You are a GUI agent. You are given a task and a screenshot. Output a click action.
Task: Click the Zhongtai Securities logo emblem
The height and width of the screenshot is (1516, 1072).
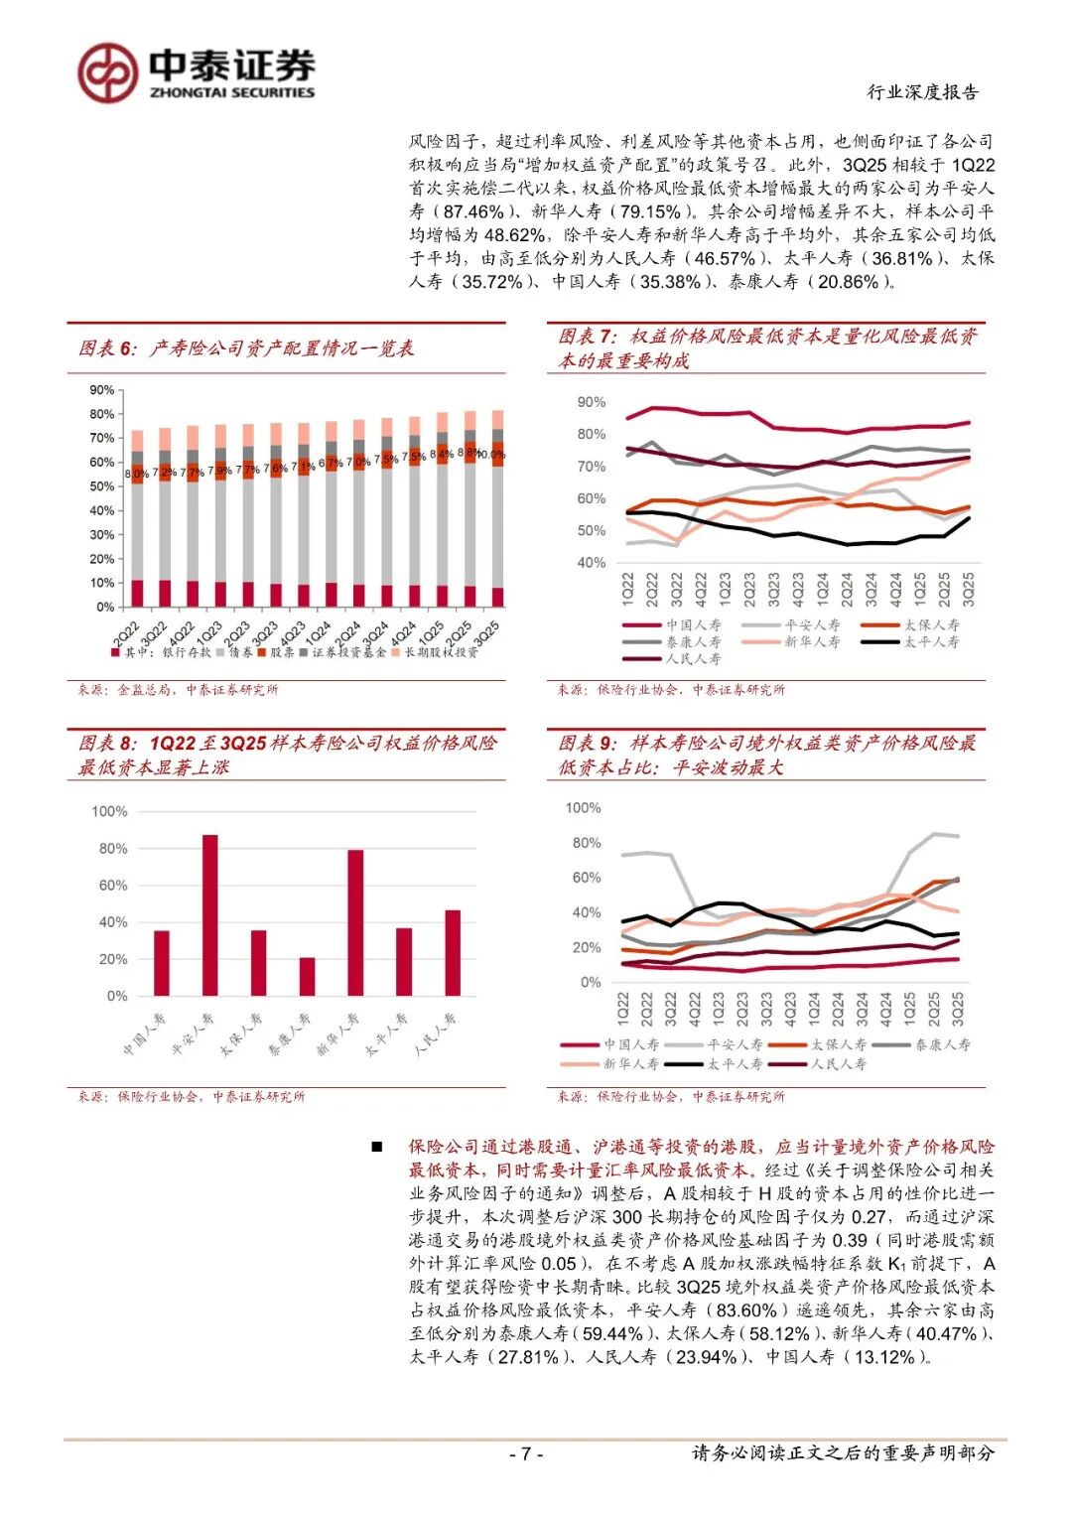[108, 72]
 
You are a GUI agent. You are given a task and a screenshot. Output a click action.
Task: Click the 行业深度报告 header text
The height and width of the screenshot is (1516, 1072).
[923, 92]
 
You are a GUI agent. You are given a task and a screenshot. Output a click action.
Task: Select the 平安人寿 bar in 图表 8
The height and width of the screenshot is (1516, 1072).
[209, 914]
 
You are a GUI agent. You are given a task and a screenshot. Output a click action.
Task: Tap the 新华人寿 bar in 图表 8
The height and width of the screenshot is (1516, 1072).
[355, 922]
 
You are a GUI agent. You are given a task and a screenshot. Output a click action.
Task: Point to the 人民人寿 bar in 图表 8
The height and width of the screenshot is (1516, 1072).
[453, 952]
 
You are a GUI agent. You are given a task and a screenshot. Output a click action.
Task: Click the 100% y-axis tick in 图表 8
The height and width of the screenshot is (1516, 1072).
[109, 811]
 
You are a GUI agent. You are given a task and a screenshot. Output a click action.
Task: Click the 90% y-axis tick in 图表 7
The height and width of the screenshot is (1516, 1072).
[591, 402]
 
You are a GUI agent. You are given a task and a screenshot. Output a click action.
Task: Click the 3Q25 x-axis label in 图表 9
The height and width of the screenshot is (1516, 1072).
[958, 1009]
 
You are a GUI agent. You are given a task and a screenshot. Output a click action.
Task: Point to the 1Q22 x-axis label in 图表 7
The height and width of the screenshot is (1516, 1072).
[627, 589]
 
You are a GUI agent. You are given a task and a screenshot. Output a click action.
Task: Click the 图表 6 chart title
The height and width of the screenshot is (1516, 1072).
[246, 348]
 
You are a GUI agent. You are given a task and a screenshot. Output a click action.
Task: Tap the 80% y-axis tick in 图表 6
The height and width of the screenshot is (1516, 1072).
[101, 414]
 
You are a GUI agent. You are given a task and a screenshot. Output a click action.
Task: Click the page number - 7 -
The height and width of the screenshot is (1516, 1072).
[526, 1454]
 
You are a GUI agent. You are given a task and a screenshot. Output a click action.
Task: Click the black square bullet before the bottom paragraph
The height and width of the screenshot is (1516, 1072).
[376, 1147]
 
